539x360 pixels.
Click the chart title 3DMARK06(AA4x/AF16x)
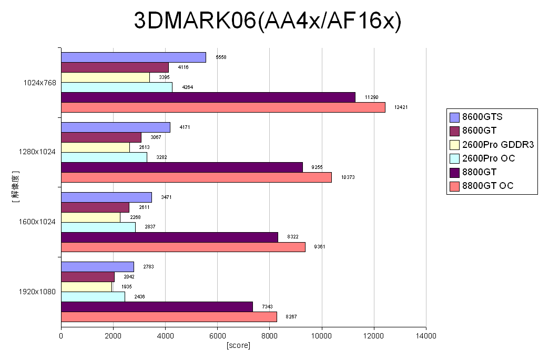tap(268, 21)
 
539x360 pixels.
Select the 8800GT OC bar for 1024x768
tap(223, 107)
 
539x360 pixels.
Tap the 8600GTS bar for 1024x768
tap(134, 57)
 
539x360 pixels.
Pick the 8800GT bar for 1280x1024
tap(182, 167)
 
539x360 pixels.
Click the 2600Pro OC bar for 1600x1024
tap(98, 227)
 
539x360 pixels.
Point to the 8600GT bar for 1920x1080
tap(88, 277)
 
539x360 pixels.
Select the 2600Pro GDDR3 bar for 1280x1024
tap(95, 147)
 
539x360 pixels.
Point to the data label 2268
tap(135, 217)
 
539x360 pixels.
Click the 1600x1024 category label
tap(38, 222)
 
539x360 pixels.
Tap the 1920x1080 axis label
tap(38, 292)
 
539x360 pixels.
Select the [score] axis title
tap(238, 345)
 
